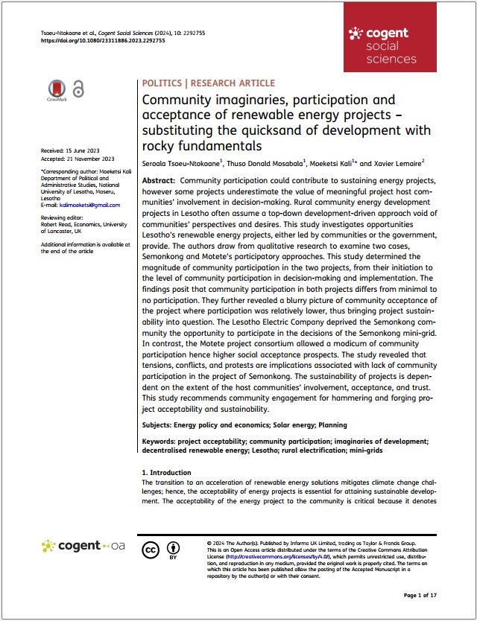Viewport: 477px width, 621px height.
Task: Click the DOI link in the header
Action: pyautogui.click(x=103, y=41)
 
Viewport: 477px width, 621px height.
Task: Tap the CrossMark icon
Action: pyautogui.click(x=57, y=90)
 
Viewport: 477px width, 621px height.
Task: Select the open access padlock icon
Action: pyautogui.click(x=78, y=89)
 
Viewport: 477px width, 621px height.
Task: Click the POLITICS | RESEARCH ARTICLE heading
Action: pyautogui.click(x=208, y=83)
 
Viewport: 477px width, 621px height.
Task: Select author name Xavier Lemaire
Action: pyautogui.click(x=399, y=162)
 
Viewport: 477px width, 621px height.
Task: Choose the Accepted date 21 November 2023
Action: pyautogui.click(x=78, y=159)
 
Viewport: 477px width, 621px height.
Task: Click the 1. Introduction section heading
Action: pyautogui.click(x=166, y=473)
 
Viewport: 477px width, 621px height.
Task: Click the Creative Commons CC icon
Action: pyautogui.click(x=151, y=550)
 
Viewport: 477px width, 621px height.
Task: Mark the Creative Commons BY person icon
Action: pyautogui.click(x=173, y=548)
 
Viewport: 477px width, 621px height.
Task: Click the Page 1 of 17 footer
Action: pyautogui.click(x=420, y=596)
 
